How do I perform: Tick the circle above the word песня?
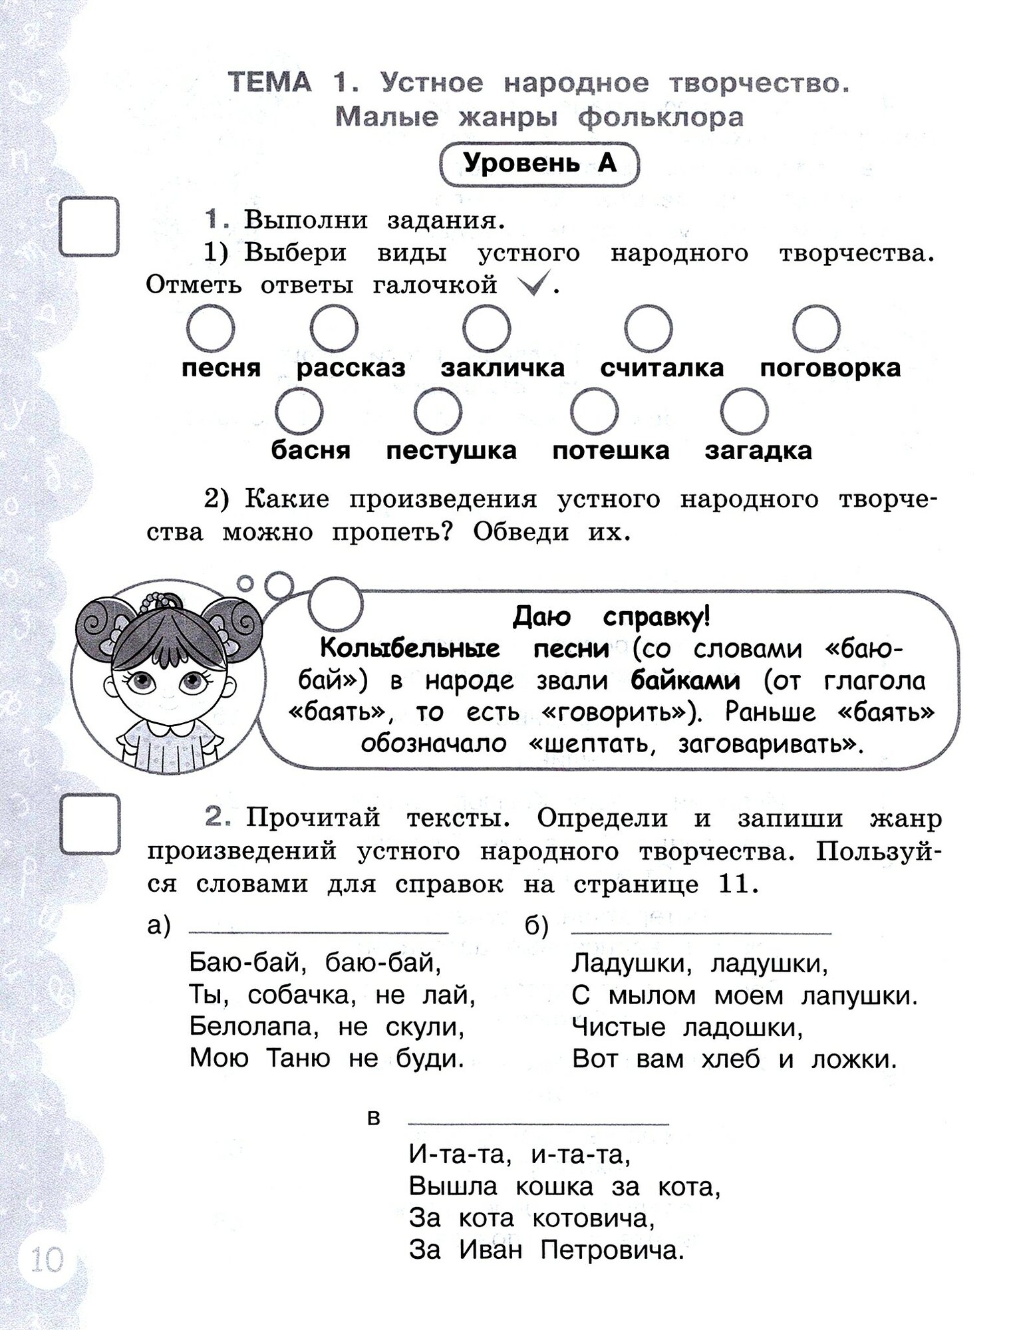(x=210, y=329)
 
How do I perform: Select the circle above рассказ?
(x=334, y=329)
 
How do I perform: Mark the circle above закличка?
(x=487, y=329)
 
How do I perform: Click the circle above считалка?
(x=649, y=329)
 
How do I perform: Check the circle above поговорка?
(x=816, y=329)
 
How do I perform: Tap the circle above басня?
(x=299, y=412)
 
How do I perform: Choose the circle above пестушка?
(x=438, y=412)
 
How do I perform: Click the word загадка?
(x=758, y=451)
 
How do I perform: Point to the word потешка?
(x=611, y=451)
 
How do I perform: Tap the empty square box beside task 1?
(x=89, y=227)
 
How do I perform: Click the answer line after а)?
(x=319, y=932)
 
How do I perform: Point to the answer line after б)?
(x=701, y=932)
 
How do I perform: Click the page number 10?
(x=45, y=1259)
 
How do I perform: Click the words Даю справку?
(x=611, y=617)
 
